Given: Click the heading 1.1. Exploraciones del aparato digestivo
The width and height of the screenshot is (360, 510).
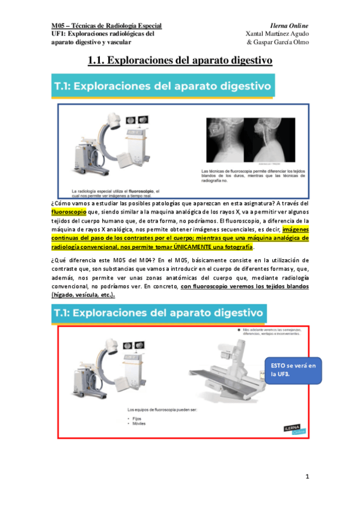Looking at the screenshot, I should (180, 61).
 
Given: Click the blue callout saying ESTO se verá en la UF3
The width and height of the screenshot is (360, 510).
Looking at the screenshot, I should (292, 369).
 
